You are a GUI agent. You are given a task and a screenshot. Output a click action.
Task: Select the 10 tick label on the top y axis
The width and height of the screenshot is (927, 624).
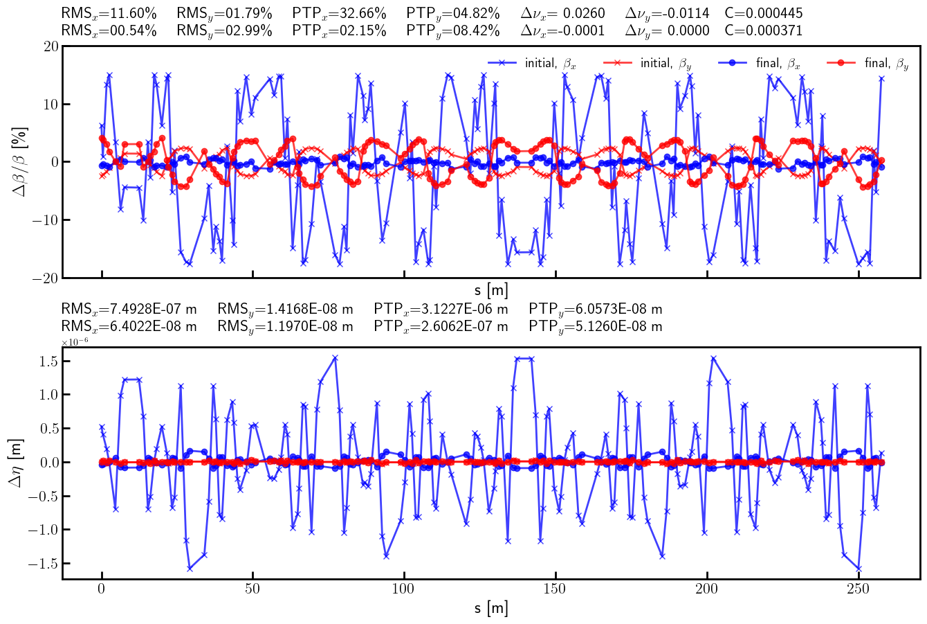coord(50,105)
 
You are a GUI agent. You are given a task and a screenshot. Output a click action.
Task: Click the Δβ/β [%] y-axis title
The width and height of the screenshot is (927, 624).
coord(20,161)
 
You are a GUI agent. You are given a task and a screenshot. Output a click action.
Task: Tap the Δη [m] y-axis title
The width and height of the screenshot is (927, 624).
coord(17,463)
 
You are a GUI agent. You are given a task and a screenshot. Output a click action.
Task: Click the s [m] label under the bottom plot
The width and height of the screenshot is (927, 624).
coord(491,609)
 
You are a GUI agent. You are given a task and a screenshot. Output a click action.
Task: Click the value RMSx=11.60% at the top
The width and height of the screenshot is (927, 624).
coord(109,13)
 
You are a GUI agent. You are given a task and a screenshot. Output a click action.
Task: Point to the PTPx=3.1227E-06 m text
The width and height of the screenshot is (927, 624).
coord(441,309)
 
